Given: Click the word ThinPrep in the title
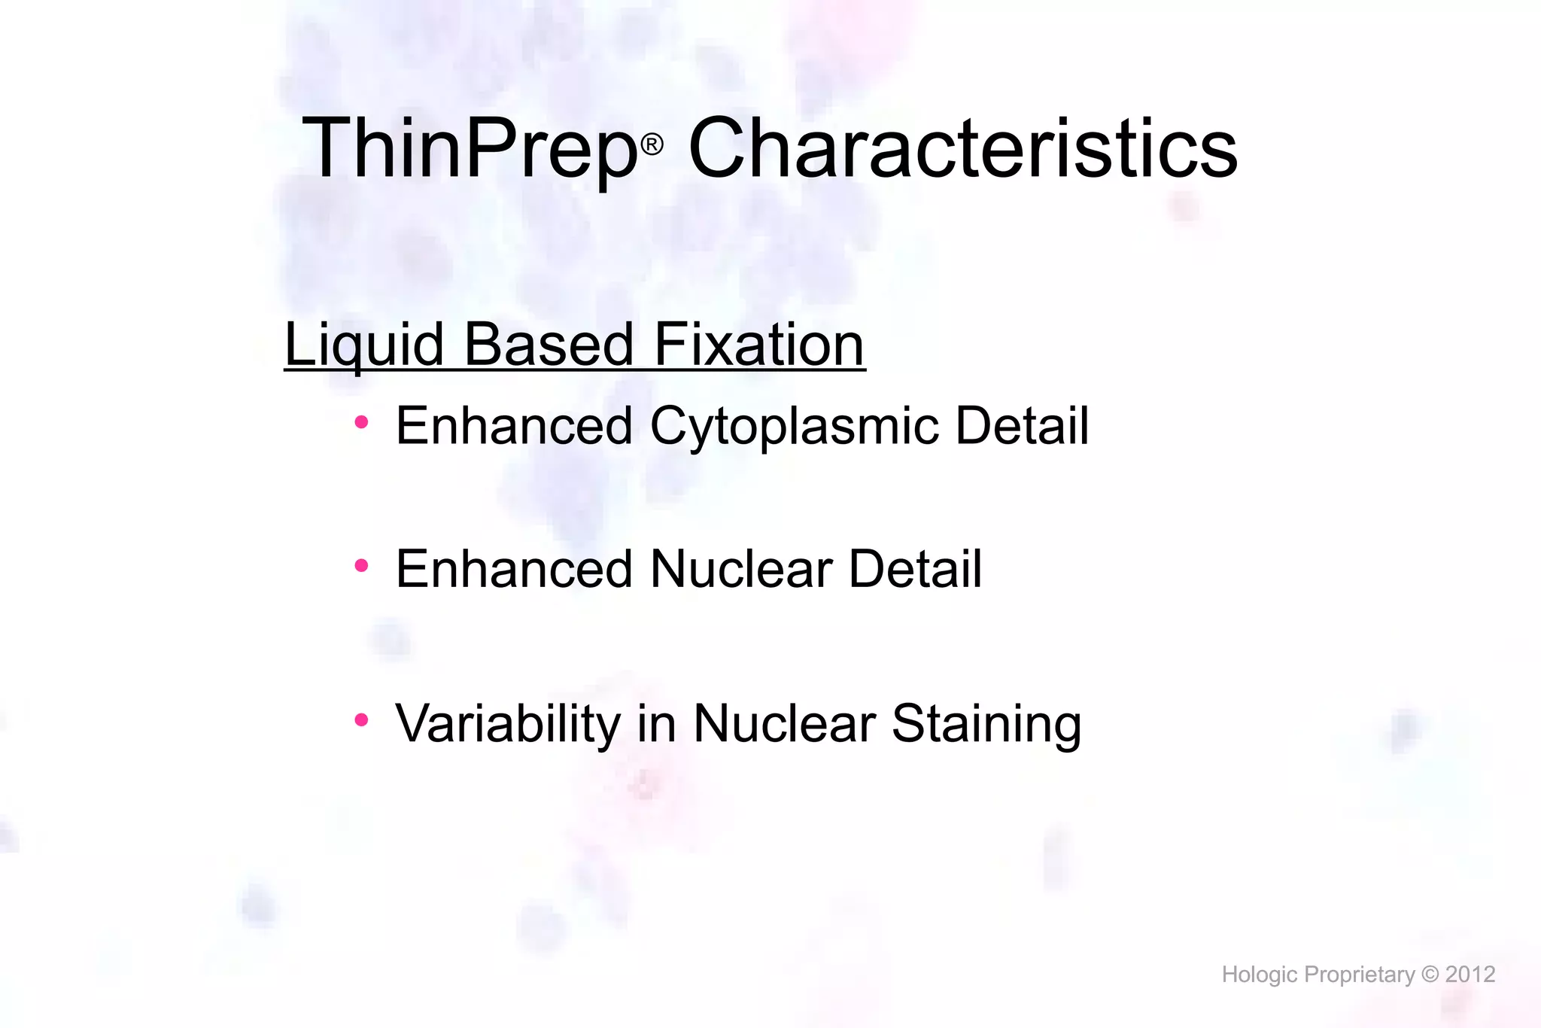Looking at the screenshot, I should (470, 148).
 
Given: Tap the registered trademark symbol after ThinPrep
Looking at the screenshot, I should (652, 144).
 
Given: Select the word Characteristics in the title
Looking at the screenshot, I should (963, 148).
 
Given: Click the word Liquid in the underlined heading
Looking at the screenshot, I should (364, 345).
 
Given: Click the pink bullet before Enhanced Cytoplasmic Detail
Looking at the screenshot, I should (361, 423).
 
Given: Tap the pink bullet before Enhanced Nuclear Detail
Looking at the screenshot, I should (361, 565).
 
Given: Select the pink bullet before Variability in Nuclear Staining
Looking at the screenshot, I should (361, 720).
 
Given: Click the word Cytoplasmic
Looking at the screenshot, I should (794, 427).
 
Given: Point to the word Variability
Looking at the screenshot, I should (508, 724).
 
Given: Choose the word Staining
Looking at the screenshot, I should (986, 724).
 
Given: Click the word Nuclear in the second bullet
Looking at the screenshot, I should (741, 569).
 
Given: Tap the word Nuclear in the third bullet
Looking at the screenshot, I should (784, 724).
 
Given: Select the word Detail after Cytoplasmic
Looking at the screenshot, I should (1021, 426).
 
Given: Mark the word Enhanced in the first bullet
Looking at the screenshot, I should (514, 426).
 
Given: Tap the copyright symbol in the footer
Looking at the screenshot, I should (1430, 975).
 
